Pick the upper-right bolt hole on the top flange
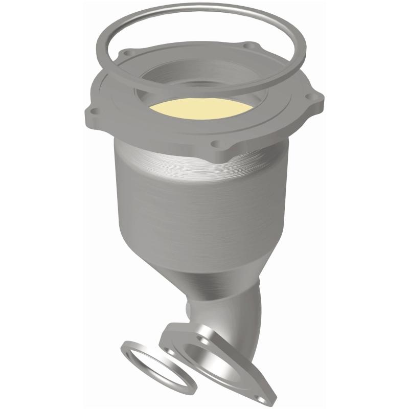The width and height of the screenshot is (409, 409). point(249,46)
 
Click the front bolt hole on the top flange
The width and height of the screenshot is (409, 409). point(216,144)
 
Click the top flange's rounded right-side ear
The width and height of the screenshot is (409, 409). point(313,102)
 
